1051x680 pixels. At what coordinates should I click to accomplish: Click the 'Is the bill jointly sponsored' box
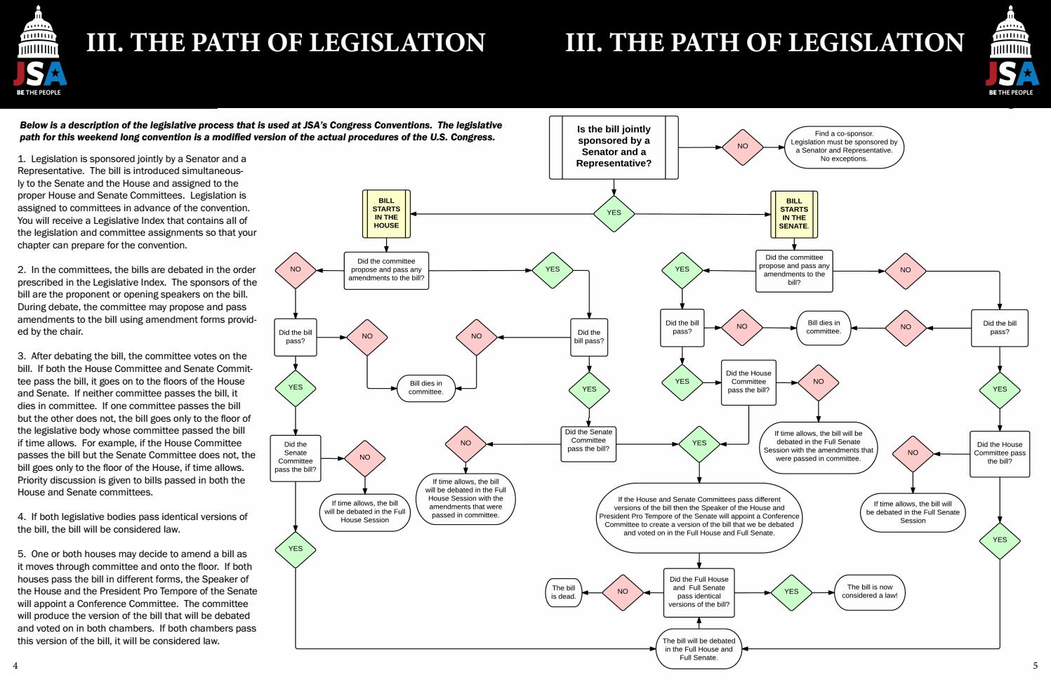[614, 146]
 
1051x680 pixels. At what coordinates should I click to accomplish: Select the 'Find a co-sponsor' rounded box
[844, 146]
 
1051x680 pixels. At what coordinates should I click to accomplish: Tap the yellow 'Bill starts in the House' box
[386, 213]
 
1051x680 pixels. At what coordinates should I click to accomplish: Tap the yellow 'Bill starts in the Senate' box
[793, 213]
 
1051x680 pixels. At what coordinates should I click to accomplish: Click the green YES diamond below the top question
[614, 213]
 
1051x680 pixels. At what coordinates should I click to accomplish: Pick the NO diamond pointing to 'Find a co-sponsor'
[743, 146]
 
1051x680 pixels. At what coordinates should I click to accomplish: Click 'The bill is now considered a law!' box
[869, 592]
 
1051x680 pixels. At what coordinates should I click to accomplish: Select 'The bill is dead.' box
[564, 592]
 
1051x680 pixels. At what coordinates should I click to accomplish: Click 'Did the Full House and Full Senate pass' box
[699, 592]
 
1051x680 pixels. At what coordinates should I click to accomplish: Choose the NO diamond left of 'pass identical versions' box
[623, 592]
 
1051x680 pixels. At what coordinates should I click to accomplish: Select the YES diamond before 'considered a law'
[791, 592]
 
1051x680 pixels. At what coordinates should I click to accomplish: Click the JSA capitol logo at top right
[1011, 51]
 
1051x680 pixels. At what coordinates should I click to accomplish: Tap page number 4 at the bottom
[15, 665]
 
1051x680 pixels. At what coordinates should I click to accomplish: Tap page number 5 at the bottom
[1035, 665]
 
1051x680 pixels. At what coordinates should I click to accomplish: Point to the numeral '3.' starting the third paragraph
[22, 356]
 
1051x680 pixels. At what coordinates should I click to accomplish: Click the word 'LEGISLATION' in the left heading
[397, 42]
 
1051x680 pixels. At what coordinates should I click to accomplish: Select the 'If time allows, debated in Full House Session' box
[364, 512]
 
